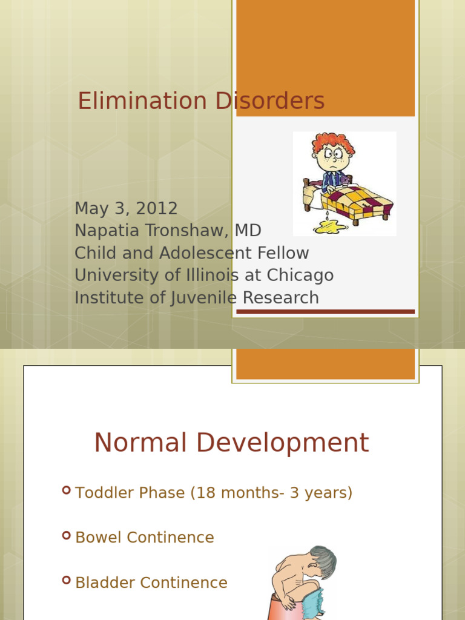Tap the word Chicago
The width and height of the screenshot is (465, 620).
point(300,275)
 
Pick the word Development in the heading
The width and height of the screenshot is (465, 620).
point(282,443)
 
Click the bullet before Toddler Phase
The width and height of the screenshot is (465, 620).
point(67,490)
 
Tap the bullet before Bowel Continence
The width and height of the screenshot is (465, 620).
point(67,535)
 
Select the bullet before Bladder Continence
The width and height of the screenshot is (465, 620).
point(67,580)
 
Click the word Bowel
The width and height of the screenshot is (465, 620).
point(98,538)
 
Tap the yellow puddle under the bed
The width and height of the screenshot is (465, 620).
point(329,227)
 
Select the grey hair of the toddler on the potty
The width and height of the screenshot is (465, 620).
point(323,561)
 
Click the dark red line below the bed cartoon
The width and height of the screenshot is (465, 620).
point(325,312)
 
